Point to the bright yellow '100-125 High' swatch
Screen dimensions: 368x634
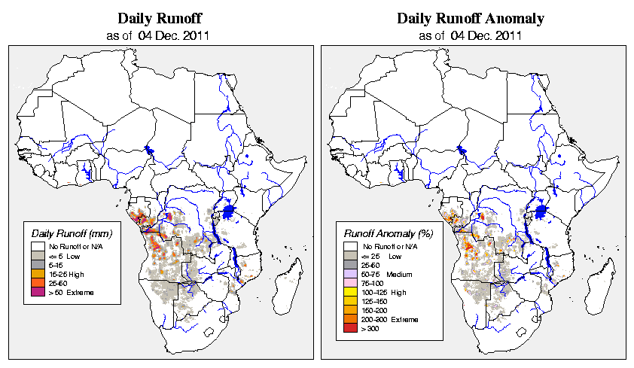coord(350,292)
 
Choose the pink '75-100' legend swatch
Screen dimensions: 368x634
coord(350,283)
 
